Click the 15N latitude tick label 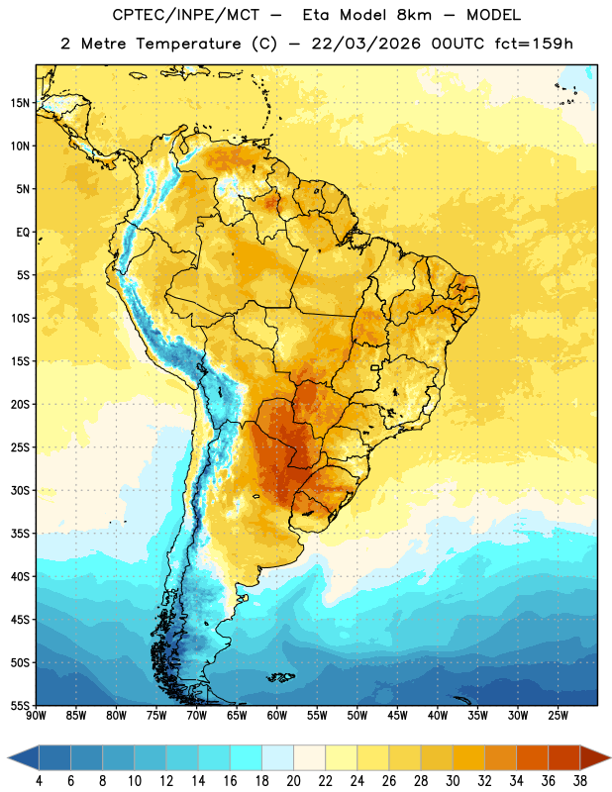(20, 103)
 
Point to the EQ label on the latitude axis (23, 233)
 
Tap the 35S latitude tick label (20, 534)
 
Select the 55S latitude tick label (20, 706)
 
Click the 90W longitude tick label (36, 716)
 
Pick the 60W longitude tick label (277, 716)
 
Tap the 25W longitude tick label (558, 716)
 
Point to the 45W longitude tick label (397, 716)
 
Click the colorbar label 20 (293, 781)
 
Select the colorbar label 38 (580, 781)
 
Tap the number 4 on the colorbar (39, 781)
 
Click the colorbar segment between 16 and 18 (246, 757)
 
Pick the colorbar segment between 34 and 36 (532, 757)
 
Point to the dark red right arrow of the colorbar (594, 757)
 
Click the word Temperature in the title (189, 44)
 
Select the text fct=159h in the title (534, 44)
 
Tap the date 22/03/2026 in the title (365, 44)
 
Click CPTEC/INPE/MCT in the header (186, 15)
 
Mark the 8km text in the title (414, 15)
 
